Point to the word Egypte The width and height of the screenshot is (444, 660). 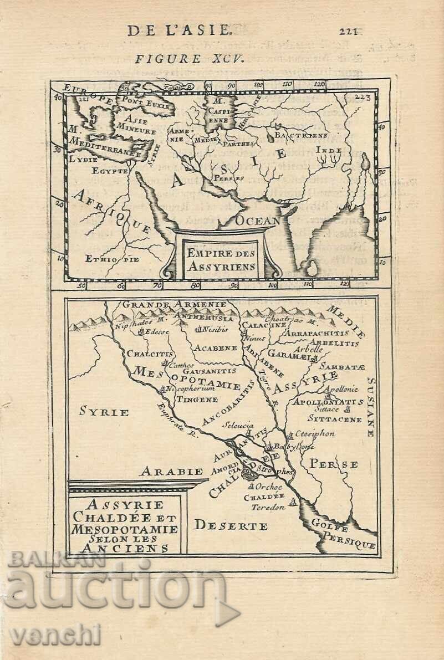click(x=110, y=171)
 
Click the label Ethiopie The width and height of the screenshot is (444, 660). click(x=113, y=258)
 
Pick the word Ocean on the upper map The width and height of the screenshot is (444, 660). click(x=258, y=221)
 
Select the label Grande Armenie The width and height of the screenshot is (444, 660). click(x=174, y=304)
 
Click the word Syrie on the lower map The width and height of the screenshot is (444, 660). click(x=104, y=412)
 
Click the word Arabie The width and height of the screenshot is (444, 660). click(x=164, y=472)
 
